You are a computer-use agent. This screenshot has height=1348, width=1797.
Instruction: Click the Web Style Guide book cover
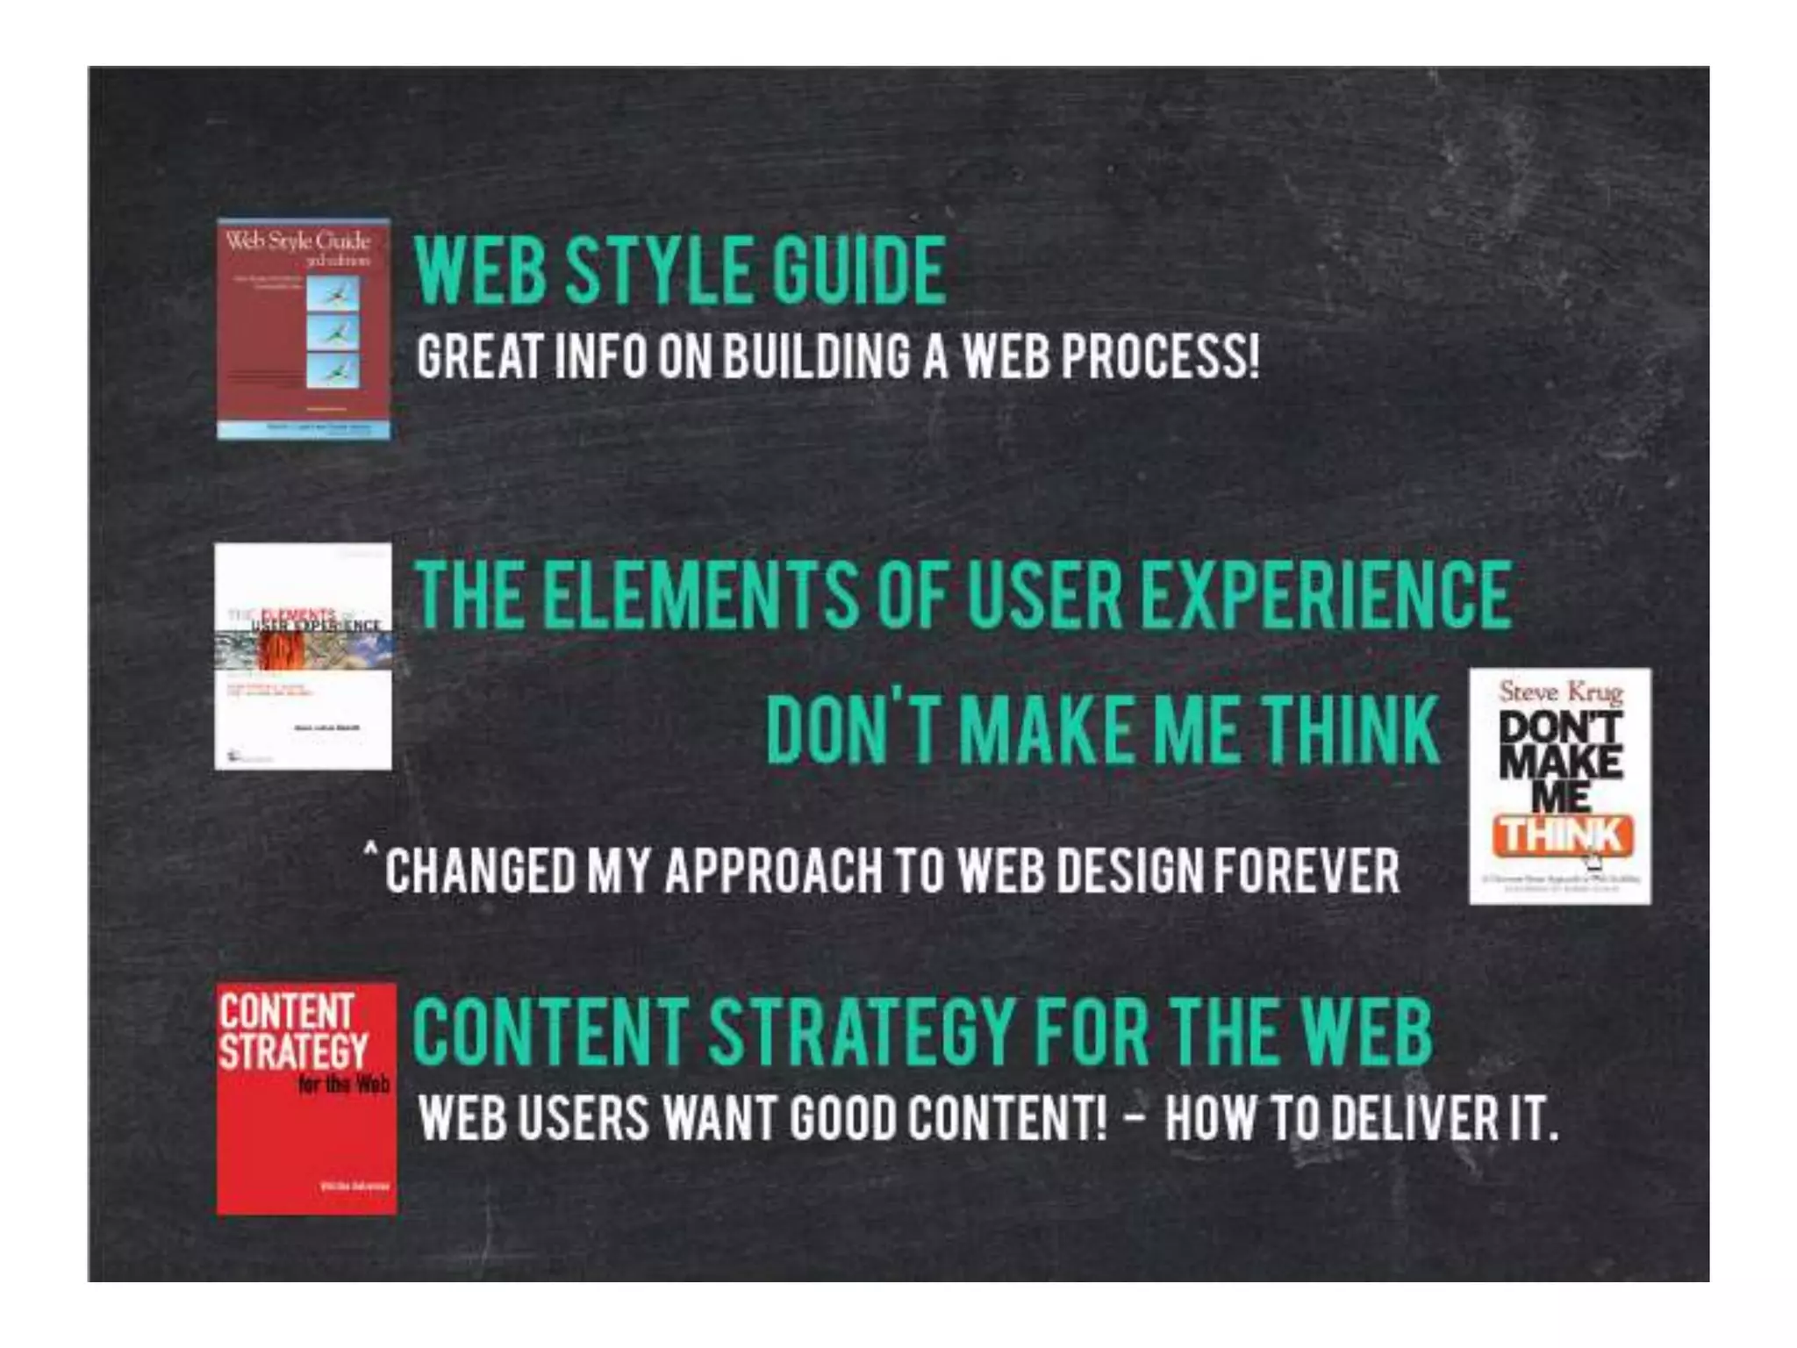pyautogui.click(x=304, y=329)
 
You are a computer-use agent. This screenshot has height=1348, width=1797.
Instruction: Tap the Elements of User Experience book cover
pyautogui.click(x=303, y=656)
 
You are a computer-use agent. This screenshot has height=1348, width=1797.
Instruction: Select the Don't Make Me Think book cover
pyautogui.click(x=1560, y=785)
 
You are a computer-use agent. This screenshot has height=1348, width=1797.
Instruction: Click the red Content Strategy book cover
pyautogui.click(x=306, y=1099)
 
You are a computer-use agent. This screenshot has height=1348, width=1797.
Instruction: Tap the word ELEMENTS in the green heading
pyautogui.click(x=700, y=594)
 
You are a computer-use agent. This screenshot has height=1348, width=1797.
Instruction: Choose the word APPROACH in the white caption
pyautogui.click(x=772, y=871)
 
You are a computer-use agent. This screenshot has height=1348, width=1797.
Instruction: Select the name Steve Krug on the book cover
pyautogui.click(x=1560, y=692)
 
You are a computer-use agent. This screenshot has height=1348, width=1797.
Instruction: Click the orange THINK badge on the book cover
pyautogui.click(x=1562, y=836)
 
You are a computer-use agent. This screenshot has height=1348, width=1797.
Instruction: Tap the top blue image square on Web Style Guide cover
pyautogui.click(x=333, y=293)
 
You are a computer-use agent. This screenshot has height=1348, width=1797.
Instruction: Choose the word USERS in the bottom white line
pyautogui.click(x=583, y=1119)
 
